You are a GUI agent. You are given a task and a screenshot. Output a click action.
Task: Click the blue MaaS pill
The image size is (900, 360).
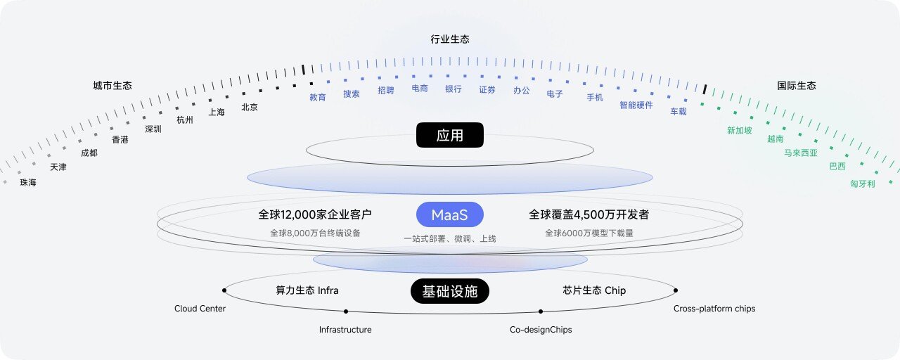449,214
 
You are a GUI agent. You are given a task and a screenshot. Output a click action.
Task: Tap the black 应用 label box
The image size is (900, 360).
449,135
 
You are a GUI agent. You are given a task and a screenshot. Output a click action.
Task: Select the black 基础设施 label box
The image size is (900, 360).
449,291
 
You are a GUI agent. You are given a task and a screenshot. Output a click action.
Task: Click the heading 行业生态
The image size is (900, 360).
449,39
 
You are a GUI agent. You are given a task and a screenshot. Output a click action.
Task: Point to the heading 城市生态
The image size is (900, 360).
112,86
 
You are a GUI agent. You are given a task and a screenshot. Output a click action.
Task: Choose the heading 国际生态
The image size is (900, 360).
797,86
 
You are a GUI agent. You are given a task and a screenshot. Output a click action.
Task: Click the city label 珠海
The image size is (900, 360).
28,182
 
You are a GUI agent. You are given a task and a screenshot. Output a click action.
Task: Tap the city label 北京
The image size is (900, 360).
250,108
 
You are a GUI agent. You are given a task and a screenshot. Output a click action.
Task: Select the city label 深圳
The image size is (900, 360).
153,129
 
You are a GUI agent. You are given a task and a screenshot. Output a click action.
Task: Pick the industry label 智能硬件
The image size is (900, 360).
636,105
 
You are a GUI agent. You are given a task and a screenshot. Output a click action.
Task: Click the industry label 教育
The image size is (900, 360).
317,97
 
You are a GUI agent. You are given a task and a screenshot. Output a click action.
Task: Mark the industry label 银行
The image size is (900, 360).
454,89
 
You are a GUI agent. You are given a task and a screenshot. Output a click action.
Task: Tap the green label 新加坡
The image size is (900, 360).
739,131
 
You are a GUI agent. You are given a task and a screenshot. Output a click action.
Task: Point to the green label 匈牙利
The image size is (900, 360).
862,184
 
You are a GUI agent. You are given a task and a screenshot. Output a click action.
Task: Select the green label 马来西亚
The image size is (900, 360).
801,153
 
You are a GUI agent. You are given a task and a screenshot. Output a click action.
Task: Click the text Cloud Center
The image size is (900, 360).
200,309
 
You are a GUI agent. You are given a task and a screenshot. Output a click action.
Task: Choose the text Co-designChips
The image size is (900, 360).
541,330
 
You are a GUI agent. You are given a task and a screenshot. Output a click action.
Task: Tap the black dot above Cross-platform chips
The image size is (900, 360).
676,290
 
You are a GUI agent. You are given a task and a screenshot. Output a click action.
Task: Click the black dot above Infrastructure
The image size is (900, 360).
346,311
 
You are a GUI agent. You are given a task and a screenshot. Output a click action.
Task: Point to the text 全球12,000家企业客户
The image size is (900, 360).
314,214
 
